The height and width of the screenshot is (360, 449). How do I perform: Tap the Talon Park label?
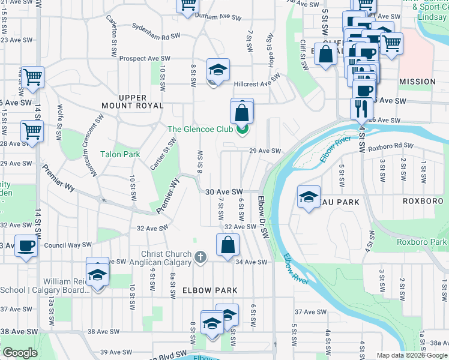point(120,154)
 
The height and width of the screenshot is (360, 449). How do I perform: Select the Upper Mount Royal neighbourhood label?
point(141,101)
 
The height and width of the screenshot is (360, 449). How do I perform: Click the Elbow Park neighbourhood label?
point(210,290)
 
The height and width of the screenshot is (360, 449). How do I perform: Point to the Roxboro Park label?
point(422,242)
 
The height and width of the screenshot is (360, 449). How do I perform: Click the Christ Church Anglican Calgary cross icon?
point(200,257)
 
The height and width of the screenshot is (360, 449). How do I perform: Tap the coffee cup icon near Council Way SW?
point(26,246)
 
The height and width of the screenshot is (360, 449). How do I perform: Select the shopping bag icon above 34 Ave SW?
point(228,245)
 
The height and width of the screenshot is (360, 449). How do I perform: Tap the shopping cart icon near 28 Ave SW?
point(32,130)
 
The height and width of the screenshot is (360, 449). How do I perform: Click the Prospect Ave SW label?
point(145,59)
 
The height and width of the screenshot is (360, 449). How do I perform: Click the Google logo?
point(20,353)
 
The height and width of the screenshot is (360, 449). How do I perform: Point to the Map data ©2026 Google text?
point(412,355)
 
